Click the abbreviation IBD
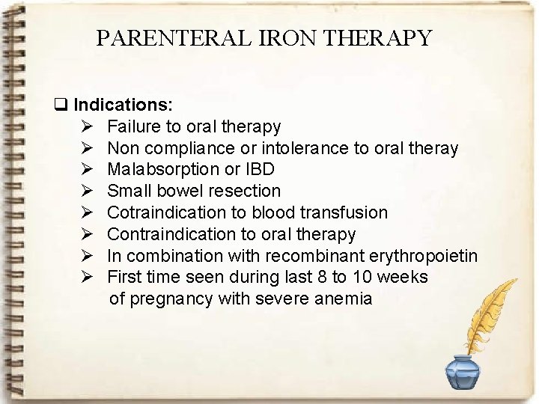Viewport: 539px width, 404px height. (x=258, y=170)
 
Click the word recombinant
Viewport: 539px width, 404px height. (x=314, y=256)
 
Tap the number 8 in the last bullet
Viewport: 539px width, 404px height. (x=320, y=278)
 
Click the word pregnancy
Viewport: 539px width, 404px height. (x=172, y=299)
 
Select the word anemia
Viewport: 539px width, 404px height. (x=344, y=299)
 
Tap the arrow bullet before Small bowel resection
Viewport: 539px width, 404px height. (x=87, y=192)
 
